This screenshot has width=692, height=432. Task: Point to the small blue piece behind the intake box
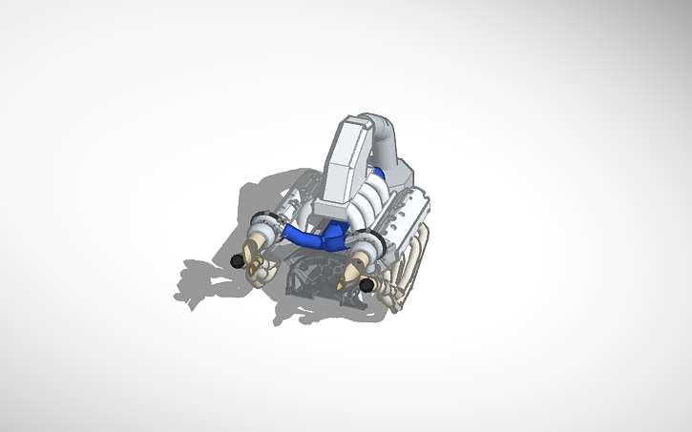(x=379, y=175)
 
